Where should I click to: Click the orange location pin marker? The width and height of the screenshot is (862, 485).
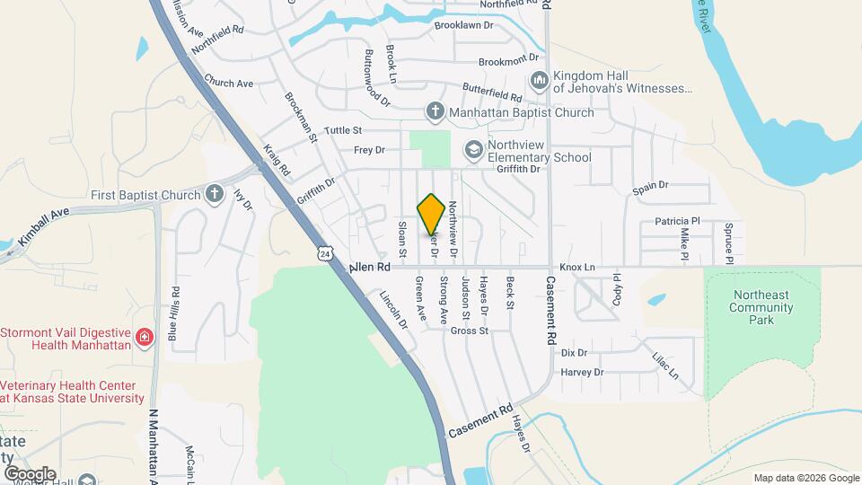[x=431, y=215]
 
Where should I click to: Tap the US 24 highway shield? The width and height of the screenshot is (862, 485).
[x=325, y=254]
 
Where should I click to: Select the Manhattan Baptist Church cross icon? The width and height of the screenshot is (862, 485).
[x=435, y=112]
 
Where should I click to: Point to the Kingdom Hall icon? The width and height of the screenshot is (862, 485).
[x=539, y=82]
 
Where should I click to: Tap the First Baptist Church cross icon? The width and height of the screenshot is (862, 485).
[x=215, y=194]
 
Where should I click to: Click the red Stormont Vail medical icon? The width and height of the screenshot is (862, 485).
[x=145, y=338]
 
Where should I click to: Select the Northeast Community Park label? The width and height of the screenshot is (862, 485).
[x=761, y=307]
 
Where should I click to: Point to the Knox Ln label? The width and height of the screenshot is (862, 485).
[x=577, y=268]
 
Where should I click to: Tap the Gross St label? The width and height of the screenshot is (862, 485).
[x=469, y=331]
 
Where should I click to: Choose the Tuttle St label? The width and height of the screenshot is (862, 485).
[x=343, y=130]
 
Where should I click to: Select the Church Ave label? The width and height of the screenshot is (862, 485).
[x=228, y=83]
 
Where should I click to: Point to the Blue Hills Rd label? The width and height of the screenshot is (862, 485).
[x=174, y=314]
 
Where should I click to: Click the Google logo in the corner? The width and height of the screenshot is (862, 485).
[x=30, y=473]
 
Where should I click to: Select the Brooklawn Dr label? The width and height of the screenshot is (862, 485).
[x=464, y=26]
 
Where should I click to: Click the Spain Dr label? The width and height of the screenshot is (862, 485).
[x=651, y=186]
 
